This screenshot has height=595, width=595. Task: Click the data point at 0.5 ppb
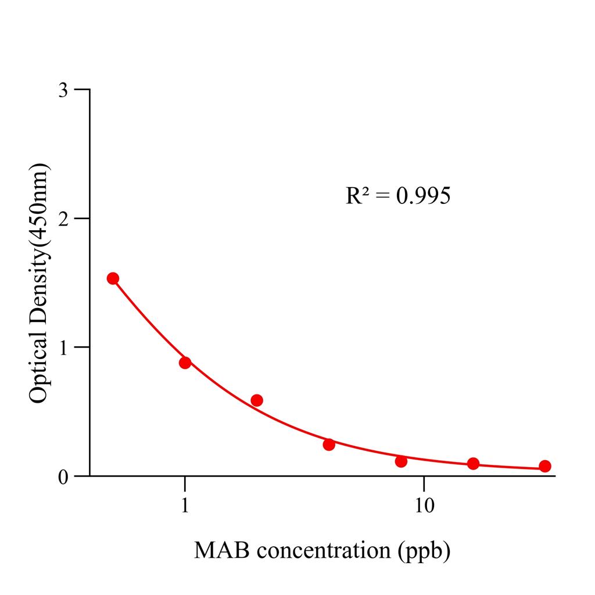[113, 278]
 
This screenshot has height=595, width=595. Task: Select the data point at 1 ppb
[185, 363]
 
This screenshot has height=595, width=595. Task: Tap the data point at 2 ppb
[257, 400]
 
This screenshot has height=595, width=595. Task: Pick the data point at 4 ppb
[329, 445]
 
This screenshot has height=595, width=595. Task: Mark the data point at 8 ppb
[401, 461]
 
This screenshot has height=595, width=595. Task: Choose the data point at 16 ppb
[473, 464]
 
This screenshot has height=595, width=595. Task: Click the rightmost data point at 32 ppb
[545, 466]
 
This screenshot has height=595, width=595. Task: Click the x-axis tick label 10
[424, 506]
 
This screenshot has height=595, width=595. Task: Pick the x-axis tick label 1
[185, 506]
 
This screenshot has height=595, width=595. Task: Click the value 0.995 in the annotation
[422, 196]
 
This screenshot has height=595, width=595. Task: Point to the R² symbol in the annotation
[357, 196]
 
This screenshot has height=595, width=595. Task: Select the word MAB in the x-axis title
[217, 550]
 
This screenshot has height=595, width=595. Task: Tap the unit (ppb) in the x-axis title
[425, 550]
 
